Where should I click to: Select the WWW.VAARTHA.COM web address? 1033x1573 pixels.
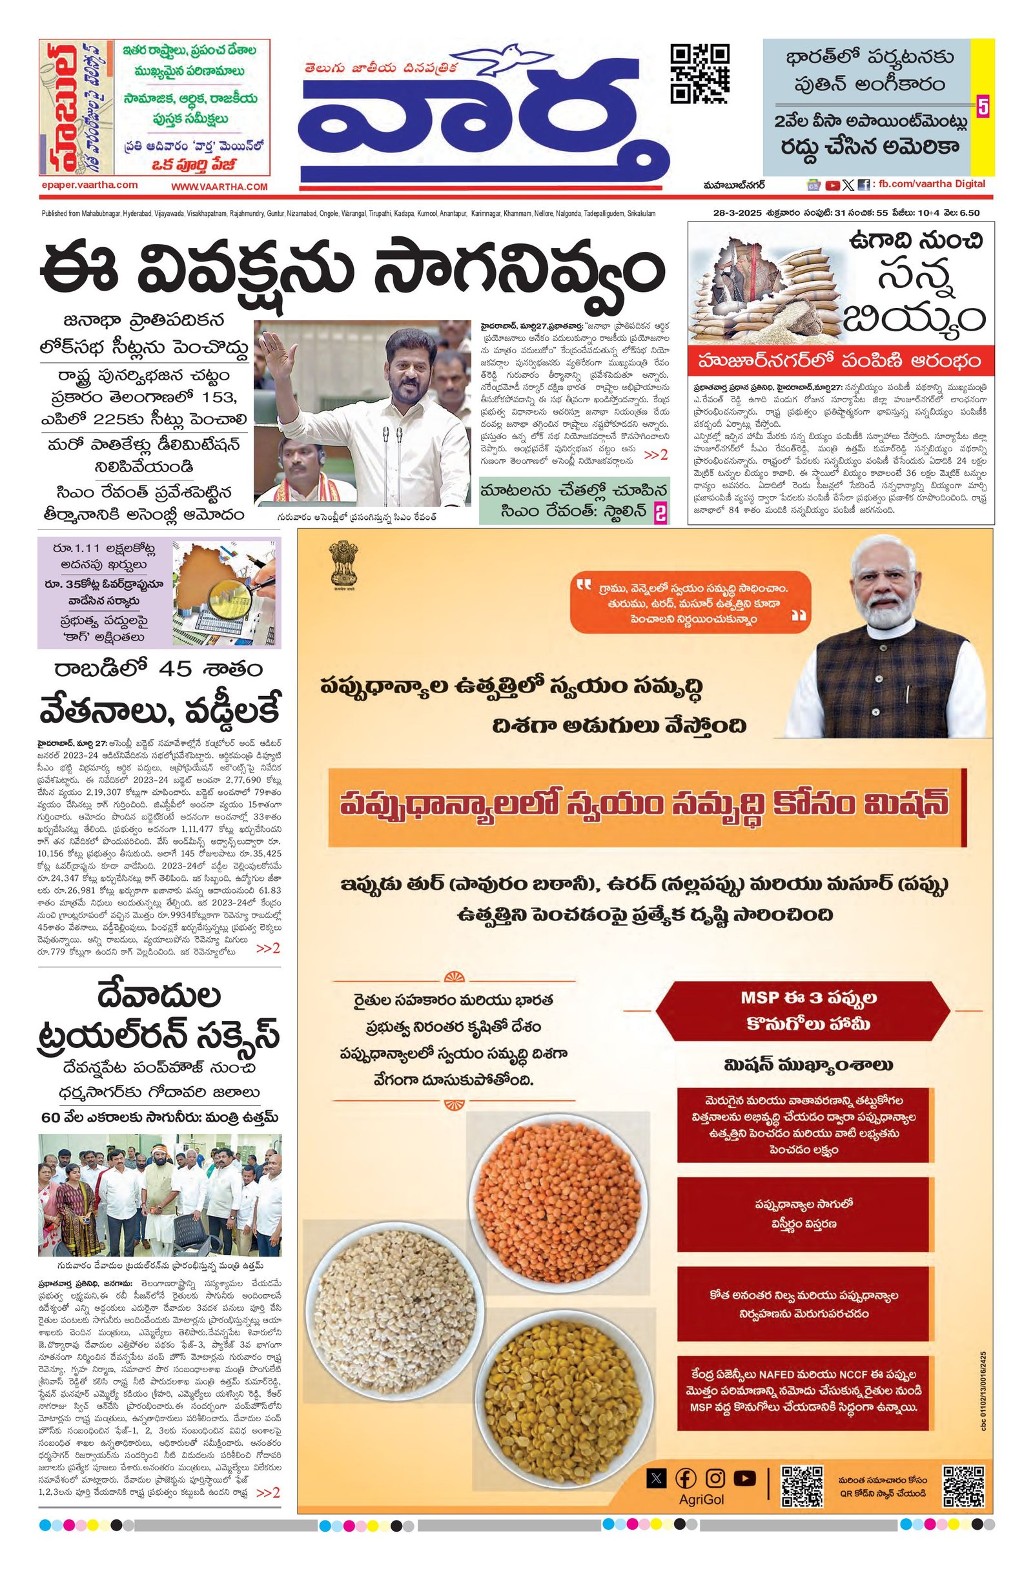click(x=220, y=187)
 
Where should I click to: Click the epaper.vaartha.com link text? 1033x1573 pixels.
click(x=88, y=185)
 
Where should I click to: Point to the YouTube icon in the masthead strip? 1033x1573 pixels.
click(x=833, y=186)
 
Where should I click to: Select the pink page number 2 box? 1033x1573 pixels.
click(x=660, y=512)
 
